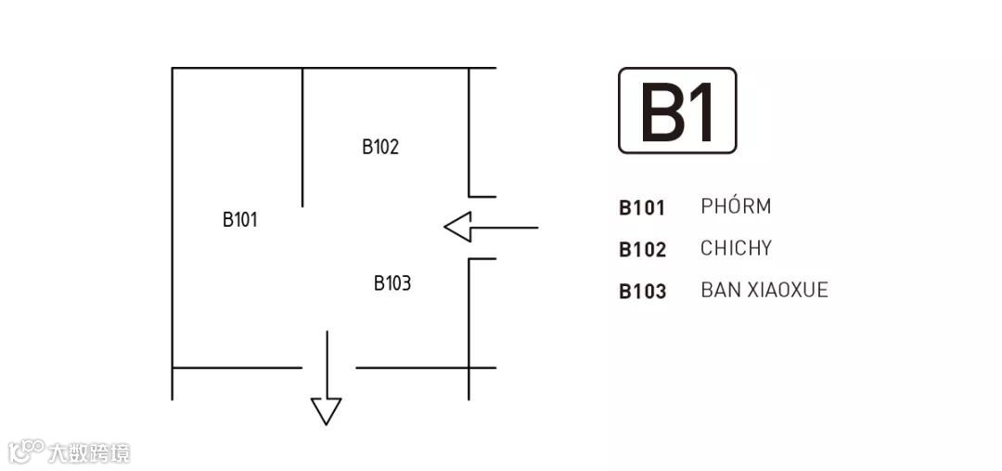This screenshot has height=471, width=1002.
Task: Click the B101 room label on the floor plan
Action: [239, 220]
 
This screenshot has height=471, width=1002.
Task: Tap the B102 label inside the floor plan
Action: [380, 147]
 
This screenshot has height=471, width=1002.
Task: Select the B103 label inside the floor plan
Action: [392, 283]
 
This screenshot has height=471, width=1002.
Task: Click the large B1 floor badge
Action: [677, 111]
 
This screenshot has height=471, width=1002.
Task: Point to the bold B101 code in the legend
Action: [642, 207]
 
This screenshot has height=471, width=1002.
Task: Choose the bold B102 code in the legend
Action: [642, 249]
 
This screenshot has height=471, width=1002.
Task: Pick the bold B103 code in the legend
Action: [642, 291]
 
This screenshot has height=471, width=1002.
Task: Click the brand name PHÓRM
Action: [736, 206]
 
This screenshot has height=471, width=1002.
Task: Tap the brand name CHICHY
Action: [736, 248]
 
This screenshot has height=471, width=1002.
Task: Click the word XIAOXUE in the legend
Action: [788, 290]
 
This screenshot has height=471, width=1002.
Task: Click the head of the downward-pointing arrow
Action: [326, 411]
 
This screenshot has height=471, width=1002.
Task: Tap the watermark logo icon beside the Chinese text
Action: [27, 451]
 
